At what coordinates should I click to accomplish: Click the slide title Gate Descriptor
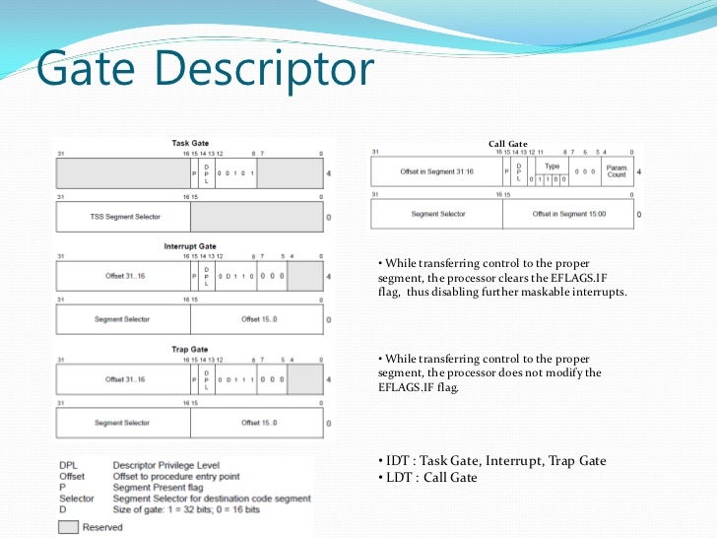click(x=205, y=71)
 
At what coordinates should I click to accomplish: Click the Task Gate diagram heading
click(x=190, y=143)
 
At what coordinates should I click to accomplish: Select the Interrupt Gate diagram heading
click(x=190, y=245)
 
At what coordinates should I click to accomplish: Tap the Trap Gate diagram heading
click(x=190, y=349)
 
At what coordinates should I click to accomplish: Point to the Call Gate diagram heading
click(x=508, y=144)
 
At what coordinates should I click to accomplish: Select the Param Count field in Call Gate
click(x=616, y=171)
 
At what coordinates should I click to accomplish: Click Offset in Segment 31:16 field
click(x=436, y=171)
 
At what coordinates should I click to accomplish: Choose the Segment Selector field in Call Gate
click(x=437, y=214)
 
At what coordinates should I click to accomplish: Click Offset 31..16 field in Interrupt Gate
click(x=125, y=276)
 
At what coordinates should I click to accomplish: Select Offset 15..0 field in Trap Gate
click(x=258, y=423)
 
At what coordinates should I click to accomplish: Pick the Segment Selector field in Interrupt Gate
click(x=123, y=319)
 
